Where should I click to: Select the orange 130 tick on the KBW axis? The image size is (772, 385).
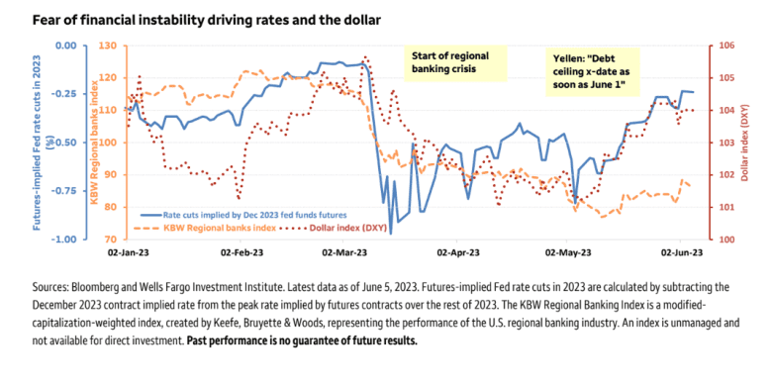tap(109, 46)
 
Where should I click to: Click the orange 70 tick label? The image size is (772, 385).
tap(112, 239)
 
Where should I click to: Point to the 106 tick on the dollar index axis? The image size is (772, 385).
tap(724, 46)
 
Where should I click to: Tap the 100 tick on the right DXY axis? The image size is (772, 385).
tap(724, 239)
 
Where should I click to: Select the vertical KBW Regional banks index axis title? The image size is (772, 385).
tap(91, 142)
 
